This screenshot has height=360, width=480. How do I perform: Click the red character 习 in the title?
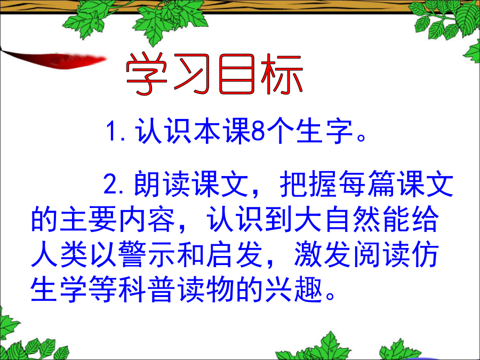point(191,74)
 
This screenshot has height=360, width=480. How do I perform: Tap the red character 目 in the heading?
point(237,74)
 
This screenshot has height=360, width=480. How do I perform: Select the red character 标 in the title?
point(282,74)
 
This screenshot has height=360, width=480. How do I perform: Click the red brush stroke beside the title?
point(53,59)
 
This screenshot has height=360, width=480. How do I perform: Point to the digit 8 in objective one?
point(258,131)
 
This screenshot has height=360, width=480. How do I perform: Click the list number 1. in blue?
point(116,131)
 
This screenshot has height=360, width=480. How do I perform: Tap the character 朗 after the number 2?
point(147,183)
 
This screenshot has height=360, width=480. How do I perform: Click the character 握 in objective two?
point(323,183)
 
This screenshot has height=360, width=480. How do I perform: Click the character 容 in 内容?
point(162,219)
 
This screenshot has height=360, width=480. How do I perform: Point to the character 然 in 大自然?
point(367,219)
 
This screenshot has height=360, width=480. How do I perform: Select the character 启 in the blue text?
point(220,254)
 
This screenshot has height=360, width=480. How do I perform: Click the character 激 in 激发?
point(308,254)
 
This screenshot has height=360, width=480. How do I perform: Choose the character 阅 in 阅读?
point(367,254)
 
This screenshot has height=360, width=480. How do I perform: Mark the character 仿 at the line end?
point(425,254)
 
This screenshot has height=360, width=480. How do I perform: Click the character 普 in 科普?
point(162,290)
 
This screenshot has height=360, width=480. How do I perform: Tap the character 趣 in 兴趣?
point(308,290)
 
